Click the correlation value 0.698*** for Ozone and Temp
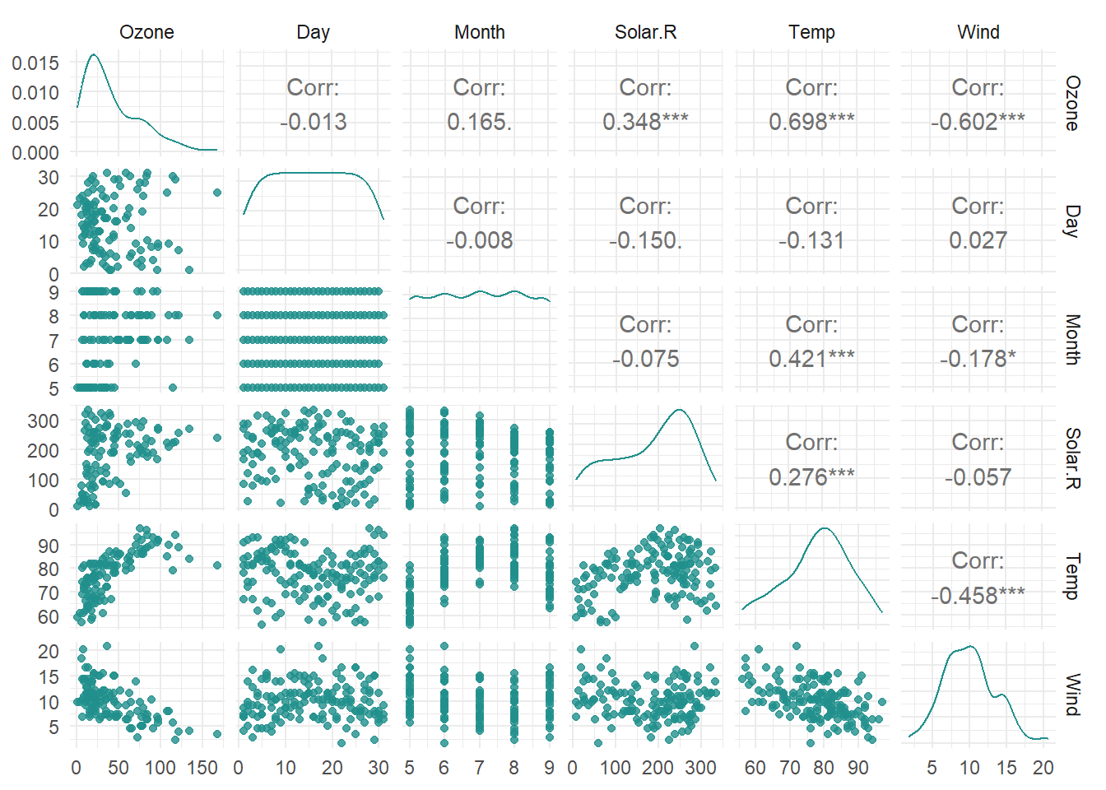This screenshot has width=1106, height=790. click(x=811, y=122)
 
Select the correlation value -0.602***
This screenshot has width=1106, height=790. click(x=978, y=122)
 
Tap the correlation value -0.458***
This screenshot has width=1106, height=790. click(x=978, y=595)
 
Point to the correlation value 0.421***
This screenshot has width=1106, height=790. click(x=811, y=359)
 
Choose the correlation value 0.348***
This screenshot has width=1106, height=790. click(x=645, y=122)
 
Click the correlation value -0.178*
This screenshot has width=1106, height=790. click(x=978, y=359)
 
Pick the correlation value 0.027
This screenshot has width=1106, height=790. click(x=978, y=240)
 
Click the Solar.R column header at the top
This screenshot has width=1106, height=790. click(x=645, y=32)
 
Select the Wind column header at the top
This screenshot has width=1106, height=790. click(x=978, y=32)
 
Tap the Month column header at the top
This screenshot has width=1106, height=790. click(x=479, y=32)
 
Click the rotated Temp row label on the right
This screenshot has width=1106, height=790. click(x=1072, y=576)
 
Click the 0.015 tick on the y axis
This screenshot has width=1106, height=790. click(x=35, y=63)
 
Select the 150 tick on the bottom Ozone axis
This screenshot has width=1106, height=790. click(x=202, y=768)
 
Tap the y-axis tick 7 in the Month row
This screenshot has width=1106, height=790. click(x=53, y=341)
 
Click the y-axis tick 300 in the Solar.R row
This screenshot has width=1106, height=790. click(x=43, y=421)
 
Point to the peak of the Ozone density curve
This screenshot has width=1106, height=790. click(x=93, y=55)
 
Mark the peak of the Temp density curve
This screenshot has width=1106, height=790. click(x=825, y=528)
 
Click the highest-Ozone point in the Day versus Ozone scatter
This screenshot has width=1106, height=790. click(x=217, y=193)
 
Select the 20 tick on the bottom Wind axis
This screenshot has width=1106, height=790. click(x=1043, y=768)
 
